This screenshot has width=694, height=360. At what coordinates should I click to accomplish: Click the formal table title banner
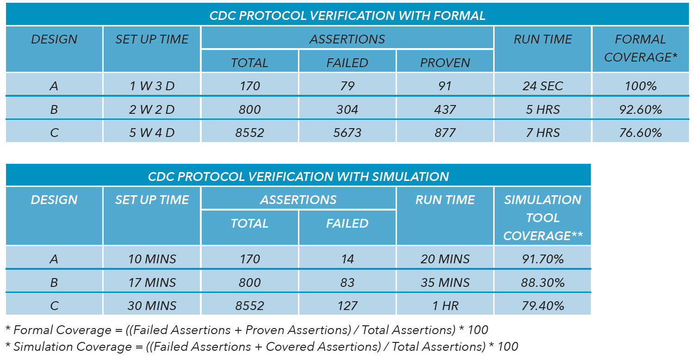pyautogui.click(x=347, y=14)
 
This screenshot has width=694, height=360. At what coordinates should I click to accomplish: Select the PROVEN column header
pyautogui.click(x=445, y=61)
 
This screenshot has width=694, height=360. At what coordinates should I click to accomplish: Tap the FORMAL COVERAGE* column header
pyautogui.click(x=641, y=49)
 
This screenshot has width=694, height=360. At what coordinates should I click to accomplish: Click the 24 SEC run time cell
pyautogui.click(x=543, y=84)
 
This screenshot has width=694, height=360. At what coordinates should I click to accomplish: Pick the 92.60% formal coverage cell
pyautogui.click(x=641, y=108)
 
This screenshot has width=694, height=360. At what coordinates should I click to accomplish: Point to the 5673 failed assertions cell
pyautogui.click(x=347, y=131)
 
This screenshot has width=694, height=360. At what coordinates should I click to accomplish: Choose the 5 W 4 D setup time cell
pyautogui.click(x=152, y=131)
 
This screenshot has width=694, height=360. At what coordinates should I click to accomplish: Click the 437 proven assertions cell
pyautogui.click(x=445, y=108)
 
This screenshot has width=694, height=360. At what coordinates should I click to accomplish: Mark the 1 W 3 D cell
pyautogui.click(x=152, y=84)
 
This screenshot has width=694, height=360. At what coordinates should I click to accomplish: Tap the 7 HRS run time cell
pyautogui.click(x=543, y=131)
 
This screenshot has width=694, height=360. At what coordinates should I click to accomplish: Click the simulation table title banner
pyautogui.click(x=298, y=175)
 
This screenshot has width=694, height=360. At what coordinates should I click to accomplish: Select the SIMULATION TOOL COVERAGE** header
pyautogui.click(x=543, y=216)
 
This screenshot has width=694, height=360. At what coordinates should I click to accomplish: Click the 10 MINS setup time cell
pyautogui.click(x=152, y=257)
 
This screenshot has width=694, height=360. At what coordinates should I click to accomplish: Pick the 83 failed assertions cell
pyautogui.click(x=347, y=281)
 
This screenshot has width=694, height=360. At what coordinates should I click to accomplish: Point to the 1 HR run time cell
pyautogui.click(x=445, y=304)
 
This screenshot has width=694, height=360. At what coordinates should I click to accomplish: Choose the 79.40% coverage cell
pyautogui.click(x=543, y=304)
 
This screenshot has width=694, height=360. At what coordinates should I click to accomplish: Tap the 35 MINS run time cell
pyautogui.click(x=445, y=281)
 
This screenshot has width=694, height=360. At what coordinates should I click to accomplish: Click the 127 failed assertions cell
pyautogui.click(x=347, y=304)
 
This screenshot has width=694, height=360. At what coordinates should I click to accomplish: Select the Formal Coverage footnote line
pyautogui.click(x=247, y=330)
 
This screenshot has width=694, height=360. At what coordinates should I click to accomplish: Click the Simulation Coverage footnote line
pyautogui.click(x=262, y=347)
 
